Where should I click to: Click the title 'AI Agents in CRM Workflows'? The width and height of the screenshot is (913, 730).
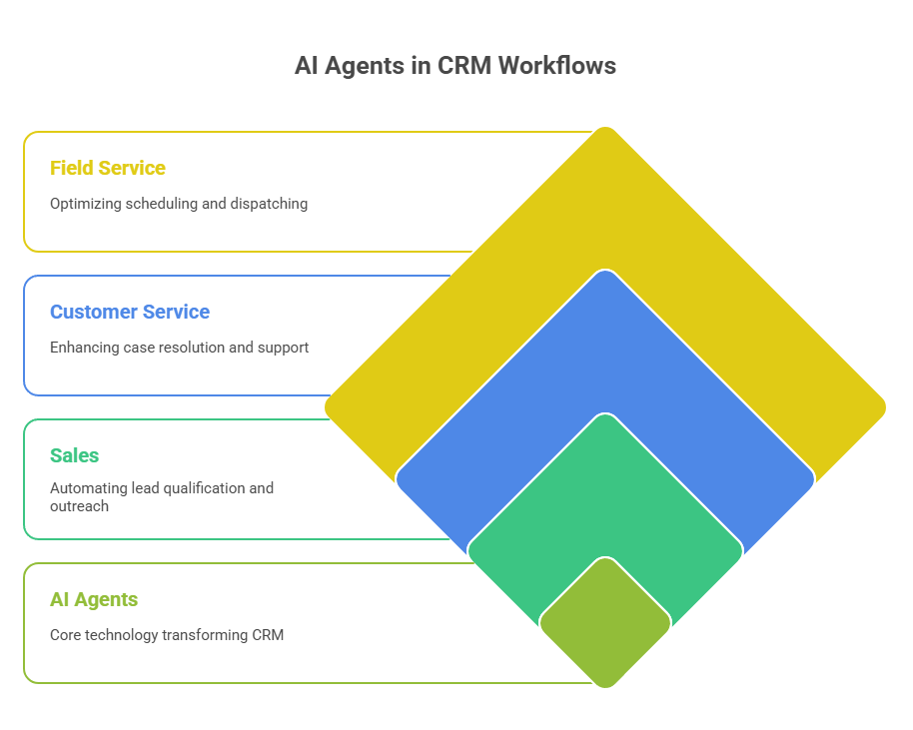456,66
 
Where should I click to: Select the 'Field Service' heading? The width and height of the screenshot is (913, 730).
108,168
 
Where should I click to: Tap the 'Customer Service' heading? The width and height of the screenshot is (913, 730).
130,312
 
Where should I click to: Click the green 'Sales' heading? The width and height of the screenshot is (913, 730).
75,455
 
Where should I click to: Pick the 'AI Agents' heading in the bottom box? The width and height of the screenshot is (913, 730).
94,599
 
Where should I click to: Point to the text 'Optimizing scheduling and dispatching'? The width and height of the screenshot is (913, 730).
179,203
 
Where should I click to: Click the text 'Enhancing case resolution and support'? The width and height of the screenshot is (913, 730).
180,348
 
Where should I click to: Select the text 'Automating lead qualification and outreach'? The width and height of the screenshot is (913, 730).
162,496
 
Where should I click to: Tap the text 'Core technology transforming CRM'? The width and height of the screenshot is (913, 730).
167,634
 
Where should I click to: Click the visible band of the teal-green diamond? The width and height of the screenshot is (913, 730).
605,489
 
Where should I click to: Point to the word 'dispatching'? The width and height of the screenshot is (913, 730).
269,203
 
